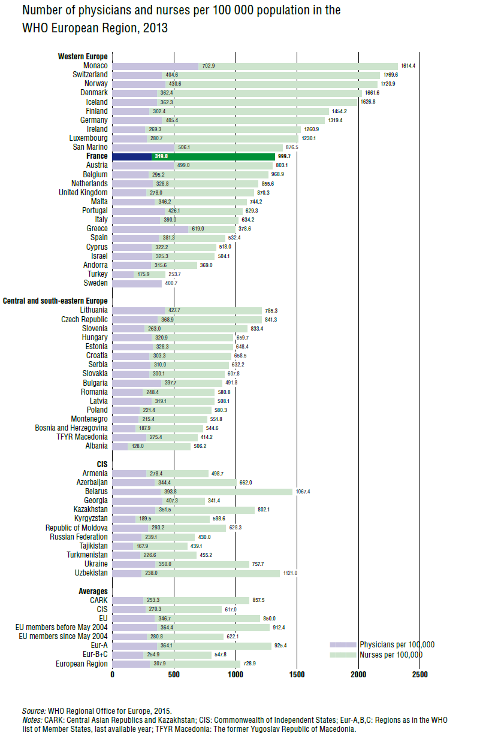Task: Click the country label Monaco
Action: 96,65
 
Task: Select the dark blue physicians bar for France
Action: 132,156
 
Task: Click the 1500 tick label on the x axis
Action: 297,674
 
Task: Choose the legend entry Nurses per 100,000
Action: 391,655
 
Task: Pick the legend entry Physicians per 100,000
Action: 397,645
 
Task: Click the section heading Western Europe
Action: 83,56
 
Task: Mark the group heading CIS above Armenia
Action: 102,464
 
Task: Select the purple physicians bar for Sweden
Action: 137,283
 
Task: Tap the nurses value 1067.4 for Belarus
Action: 303,492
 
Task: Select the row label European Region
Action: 82,664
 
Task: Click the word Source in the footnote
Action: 34,711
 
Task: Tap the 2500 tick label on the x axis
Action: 419,674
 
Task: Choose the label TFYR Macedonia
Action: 82,437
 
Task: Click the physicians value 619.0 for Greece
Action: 198,229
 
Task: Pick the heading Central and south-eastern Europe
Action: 55,301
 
